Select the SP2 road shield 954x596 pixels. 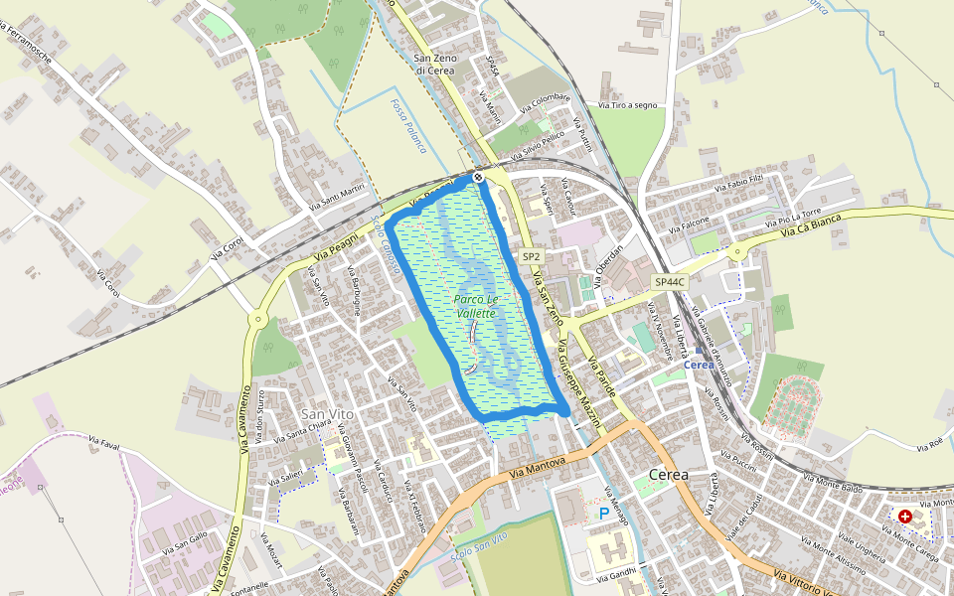(x=531, y=256)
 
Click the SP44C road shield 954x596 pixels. (x=669, y=283)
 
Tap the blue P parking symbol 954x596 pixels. (x=603, y=514)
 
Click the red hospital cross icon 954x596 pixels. (x=904, y=517)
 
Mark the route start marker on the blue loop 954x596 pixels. (x=478, y=177)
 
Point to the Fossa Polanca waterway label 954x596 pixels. (x=408, y=126)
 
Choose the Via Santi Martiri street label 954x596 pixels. (x=337, y=198)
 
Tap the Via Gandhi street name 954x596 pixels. (x=616, y=574)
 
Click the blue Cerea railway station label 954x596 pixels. (x=699, y=365)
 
